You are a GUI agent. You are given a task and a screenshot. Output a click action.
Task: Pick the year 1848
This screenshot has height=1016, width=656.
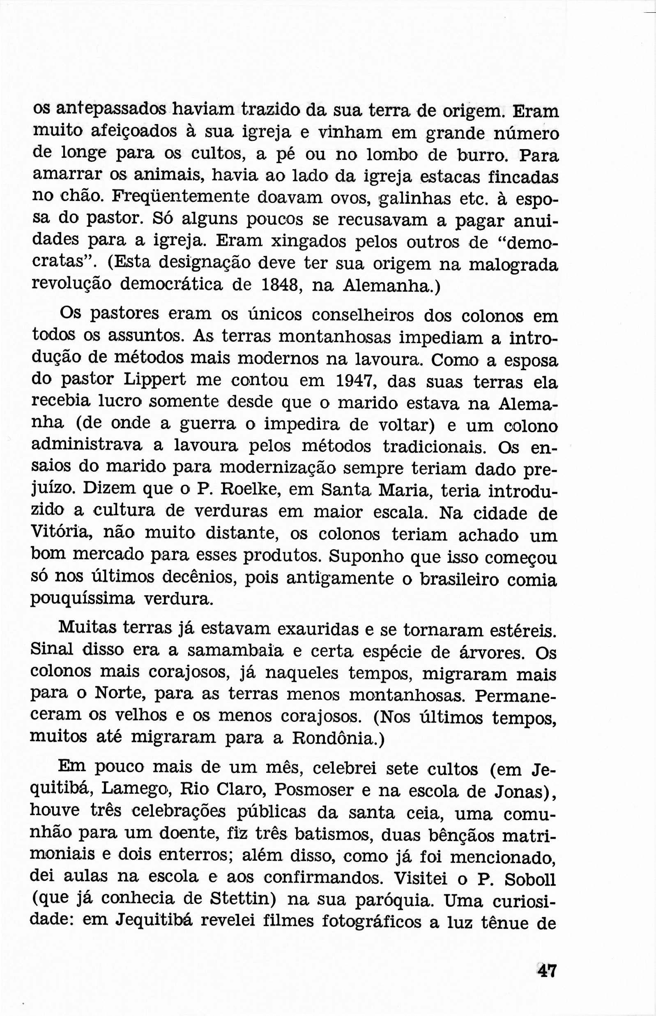279,286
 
